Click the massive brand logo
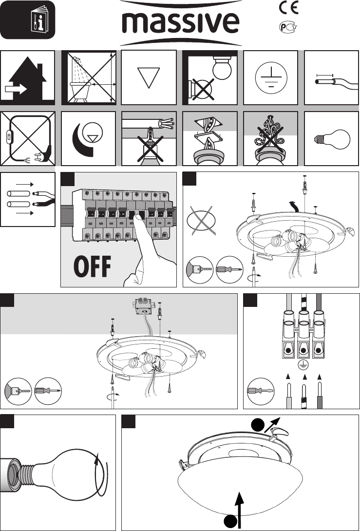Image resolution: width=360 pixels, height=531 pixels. pyautogui.click(x=181, y=23)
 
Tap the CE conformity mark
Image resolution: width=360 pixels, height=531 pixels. pyautogui.click(x=288, y=8)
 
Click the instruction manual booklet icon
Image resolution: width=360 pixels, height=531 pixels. pyautogui.click(x=40, y=20)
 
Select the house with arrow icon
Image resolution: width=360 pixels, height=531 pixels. pyautogui.click(x=27, y=78)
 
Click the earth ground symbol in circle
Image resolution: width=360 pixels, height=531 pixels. pyautogui.click(x=271, y=77)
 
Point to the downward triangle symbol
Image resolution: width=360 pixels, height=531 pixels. pyautogui.click(x=149, y=77)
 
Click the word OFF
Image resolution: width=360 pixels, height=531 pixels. pyautogui.click(x=93, y=267)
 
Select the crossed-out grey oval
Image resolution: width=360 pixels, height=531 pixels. pyautogui.click(x=201, y=221)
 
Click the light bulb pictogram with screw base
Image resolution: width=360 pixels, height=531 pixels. pyautogui.click(x=332, y=139)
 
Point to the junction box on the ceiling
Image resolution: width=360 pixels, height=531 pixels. pyautogui.click(x=143, y=306)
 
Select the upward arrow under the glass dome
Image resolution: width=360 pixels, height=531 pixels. pyautogui.click(x=240, y=510)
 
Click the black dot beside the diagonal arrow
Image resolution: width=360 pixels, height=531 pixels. pyautogui.click(x=258, y=425)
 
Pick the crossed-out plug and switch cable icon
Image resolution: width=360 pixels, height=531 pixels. pyautogui.click(x=27, y=138)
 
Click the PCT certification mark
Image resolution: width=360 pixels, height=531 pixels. pyautogui.click(x=288, y=27)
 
